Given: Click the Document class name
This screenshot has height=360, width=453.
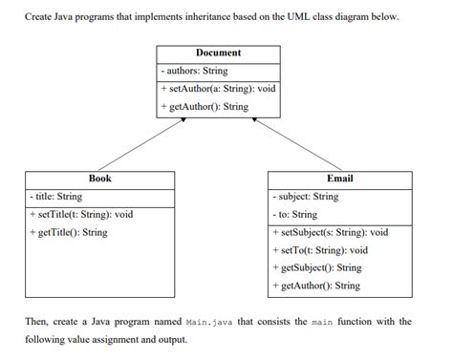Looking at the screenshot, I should point(218,53).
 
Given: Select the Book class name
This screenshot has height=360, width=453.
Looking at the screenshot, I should point(100,179).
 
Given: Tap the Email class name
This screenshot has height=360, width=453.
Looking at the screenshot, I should point(339,179).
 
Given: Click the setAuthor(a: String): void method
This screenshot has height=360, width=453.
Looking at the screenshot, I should point(219,89).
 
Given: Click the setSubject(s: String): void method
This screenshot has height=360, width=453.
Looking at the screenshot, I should point(331,232).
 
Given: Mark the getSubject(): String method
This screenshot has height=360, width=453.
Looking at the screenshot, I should point(317,267).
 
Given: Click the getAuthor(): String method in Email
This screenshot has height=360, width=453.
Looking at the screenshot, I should point(316,286).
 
